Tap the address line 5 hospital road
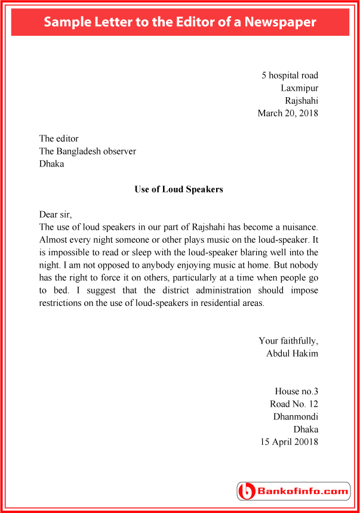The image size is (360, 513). click(x=290, y=75)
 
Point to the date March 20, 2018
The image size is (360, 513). click(x=288, y=113)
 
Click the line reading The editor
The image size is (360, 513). click(x=59, y=138)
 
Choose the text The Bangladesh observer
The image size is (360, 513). click(x=87, y=151)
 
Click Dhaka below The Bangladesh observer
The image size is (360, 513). click(x=51, y=163)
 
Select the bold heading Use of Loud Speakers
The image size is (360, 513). click(x=179, y=189)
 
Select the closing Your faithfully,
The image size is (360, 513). click(x=288, y=341)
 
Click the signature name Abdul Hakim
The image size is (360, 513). click(x=292, y=353)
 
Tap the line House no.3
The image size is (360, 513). click(x=296, y=391)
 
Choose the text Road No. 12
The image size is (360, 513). click(x=294, y=404)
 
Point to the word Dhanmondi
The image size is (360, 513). click(x=296, y=416)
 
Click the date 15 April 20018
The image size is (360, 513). click(x=289, y=442)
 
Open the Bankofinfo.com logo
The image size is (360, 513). click(x=294, y=492)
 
